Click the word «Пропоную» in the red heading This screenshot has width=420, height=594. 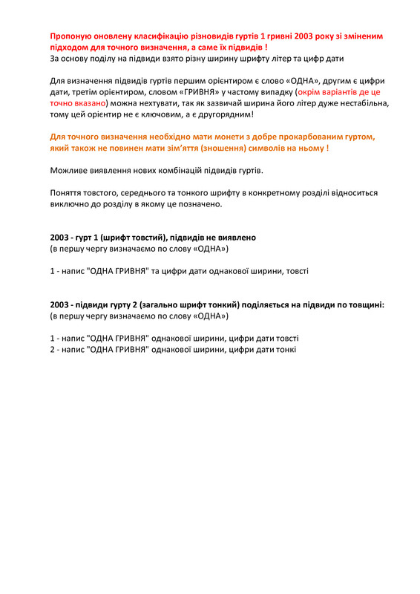pyautogui.click(x=72, y=36)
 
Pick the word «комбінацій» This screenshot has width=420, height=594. pyautogui.click(x=184, y=171)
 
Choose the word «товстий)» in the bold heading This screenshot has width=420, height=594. pyautogui.click(x=156, y=238)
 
